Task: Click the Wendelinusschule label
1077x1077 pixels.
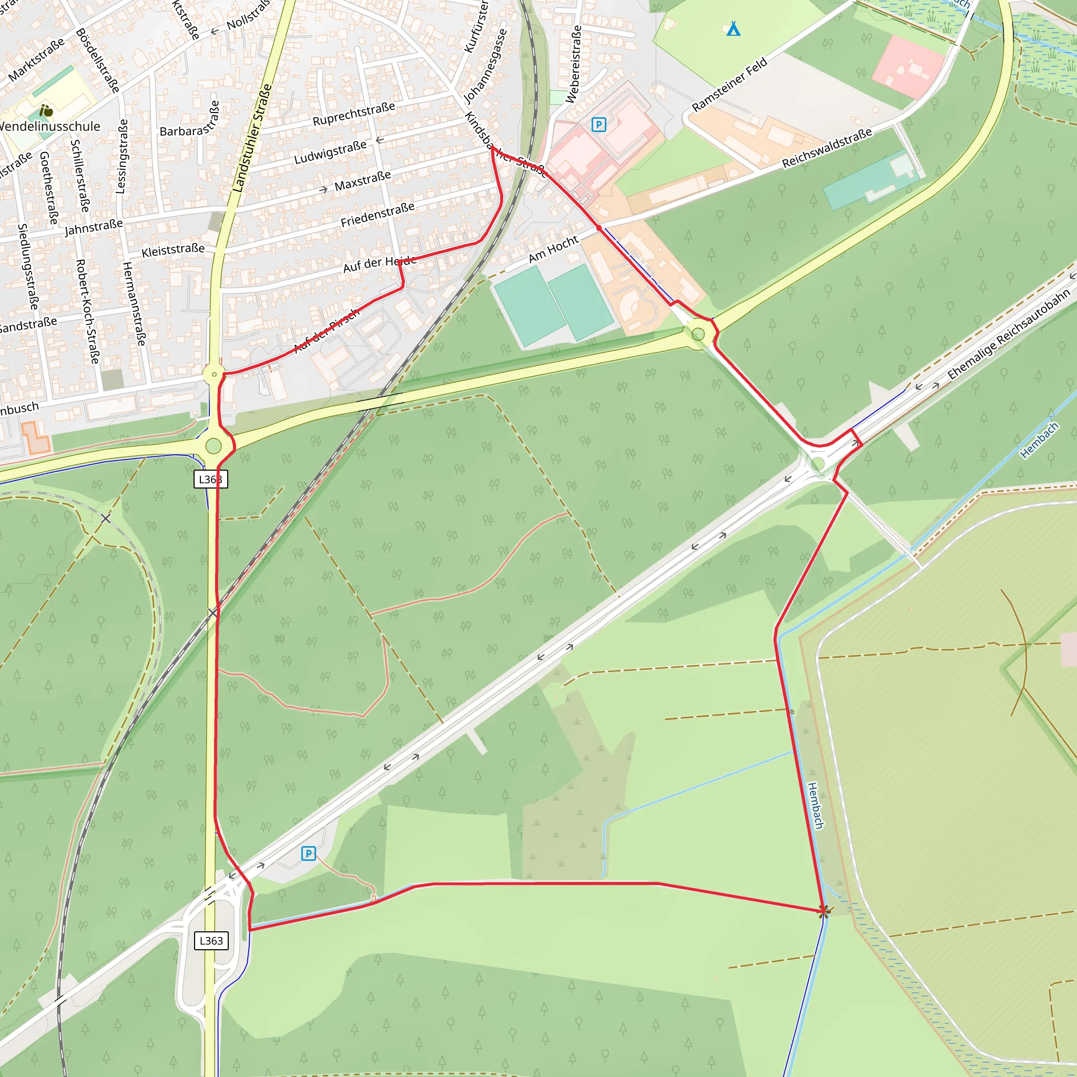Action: click(49, 127)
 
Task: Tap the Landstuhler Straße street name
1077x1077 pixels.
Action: click(252, 138)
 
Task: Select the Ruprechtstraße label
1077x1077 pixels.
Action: click(353, 114)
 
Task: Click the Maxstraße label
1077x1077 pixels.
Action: click(362, 180)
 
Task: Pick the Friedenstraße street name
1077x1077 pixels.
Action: click(378, 215)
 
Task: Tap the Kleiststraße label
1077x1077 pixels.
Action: click(173, 250)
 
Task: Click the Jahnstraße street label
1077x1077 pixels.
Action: click(94, 227)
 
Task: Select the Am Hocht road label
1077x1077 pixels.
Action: click(553, 249)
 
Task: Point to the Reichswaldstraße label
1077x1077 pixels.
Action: click(827, 148)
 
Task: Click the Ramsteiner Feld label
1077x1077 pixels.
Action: click(729, 85)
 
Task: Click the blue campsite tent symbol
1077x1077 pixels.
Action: click(734, 29)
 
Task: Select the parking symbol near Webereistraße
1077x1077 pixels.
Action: click(598, 124)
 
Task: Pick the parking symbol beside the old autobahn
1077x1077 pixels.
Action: click(308, 854)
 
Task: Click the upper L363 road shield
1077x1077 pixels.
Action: click(211, 479)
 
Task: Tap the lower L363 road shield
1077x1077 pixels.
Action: click(211, 941)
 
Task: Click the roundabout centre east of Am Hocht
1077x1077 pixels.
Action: click(698, 334)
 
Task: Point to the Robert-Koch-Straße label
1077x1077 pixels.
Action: click(87, 312)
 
